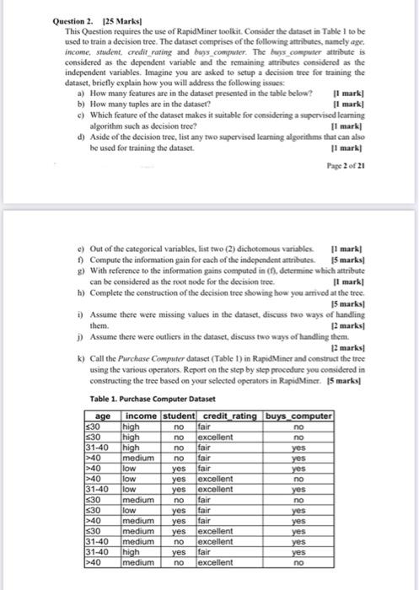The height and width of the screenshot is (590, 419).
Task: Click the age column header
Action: pos(103,416)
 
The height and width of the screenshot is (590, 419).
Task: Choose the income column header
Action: pos(140,416)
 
